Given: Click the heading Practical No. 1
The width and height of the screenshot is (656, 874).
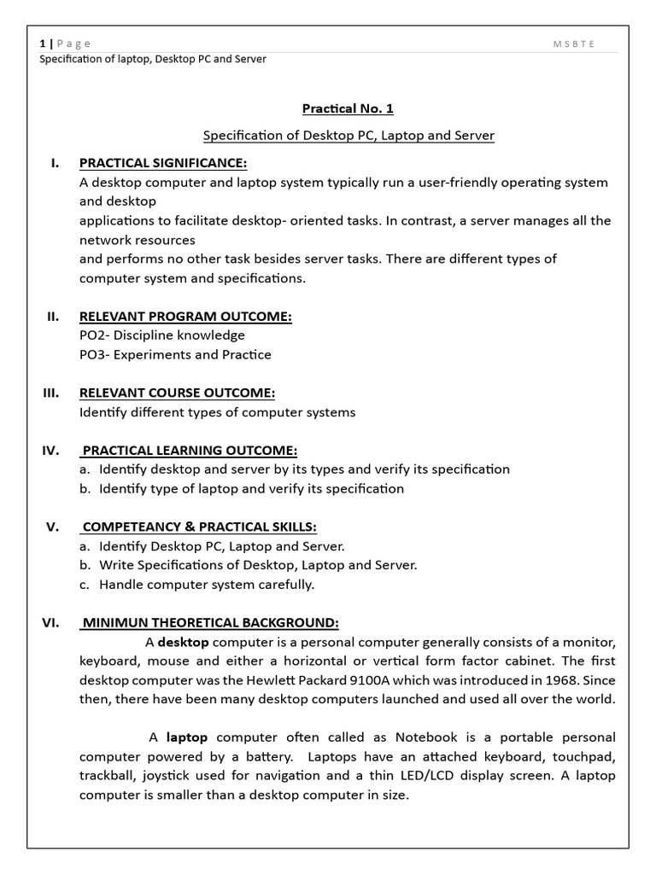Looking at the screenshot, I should click(348, 109).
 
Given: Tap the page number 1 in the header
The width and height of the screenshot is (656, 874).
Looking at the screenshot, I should click(43, 44).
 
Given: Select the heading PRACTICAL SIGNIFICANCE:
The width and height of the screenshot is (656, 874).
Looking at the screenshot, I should click(163, 163).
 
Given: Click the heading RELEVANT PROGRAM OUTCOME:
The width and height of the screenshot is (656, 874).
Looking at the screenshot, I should click(185, 317).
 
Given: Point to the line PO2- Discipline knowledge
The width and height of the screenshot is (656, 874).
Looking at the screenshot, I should click(161, 335).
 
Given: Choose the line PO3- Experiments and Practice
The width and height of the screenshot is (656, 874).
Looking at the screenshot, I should click(175, 354).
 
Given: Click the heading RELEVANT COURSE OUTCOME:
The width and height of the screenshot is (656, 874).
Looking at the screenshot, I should click(177, 393).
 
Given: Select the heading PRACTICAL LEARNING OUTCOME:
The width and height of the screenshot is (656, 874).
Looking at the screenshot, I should click(189, 450).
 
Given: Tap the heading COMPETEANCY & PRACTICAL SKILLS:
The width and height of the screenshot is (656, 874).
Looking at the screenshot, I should click(198, 527).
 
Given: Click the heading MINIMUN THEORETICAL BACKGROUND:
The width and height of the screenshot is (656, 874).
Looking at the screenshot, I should click(209, 622).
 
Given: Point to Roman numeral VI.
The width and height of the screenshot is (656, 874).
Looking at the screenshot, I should click(50, 622).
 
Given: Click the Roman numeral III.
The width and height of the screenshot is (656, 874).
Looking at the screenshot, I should click(50, 393).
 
